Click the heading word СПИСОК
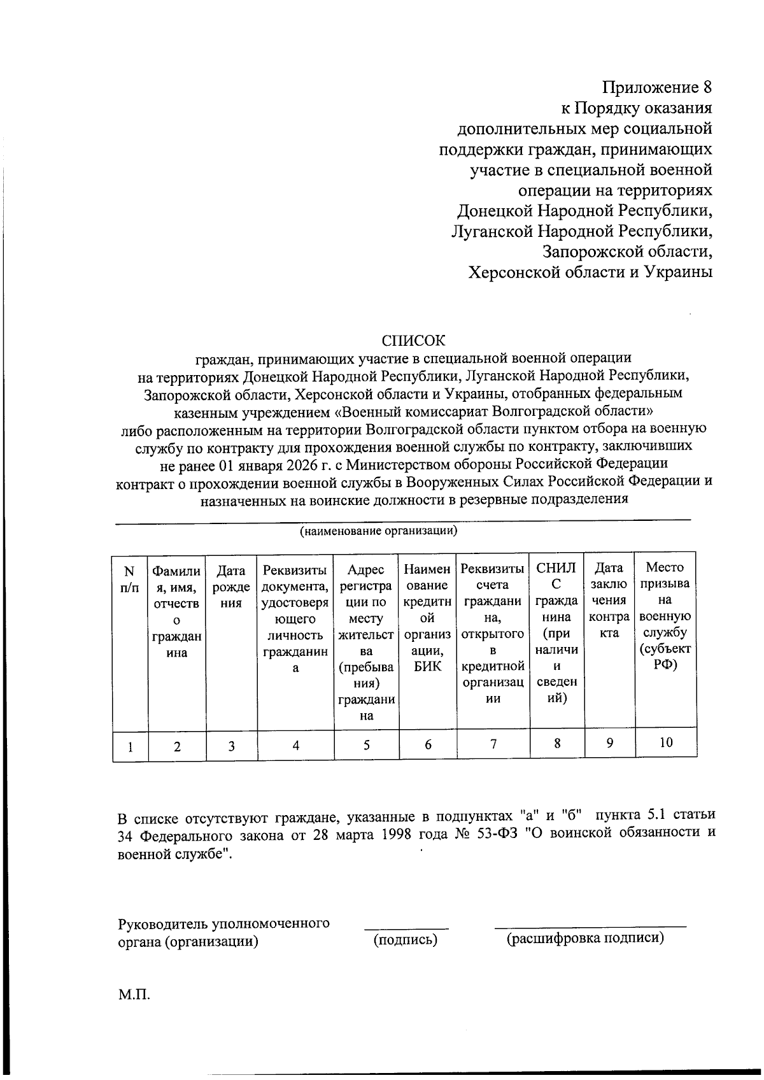pos(414,339)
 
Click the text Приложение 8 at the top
pos(656,87)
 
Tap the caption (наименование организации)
pos(378,530)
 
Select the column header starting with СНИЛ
pos(556,634)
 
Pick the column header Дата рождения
pos(231,586)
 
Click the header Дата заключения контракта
pos(609,600)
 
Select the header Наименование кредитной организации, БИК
pos(427,617)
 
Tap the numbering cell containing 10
pos(666,741)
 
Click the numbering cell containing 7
pos(493,744)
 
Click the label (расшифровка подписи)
pos(585,938)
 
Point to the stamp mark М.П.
pos(134,994)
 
